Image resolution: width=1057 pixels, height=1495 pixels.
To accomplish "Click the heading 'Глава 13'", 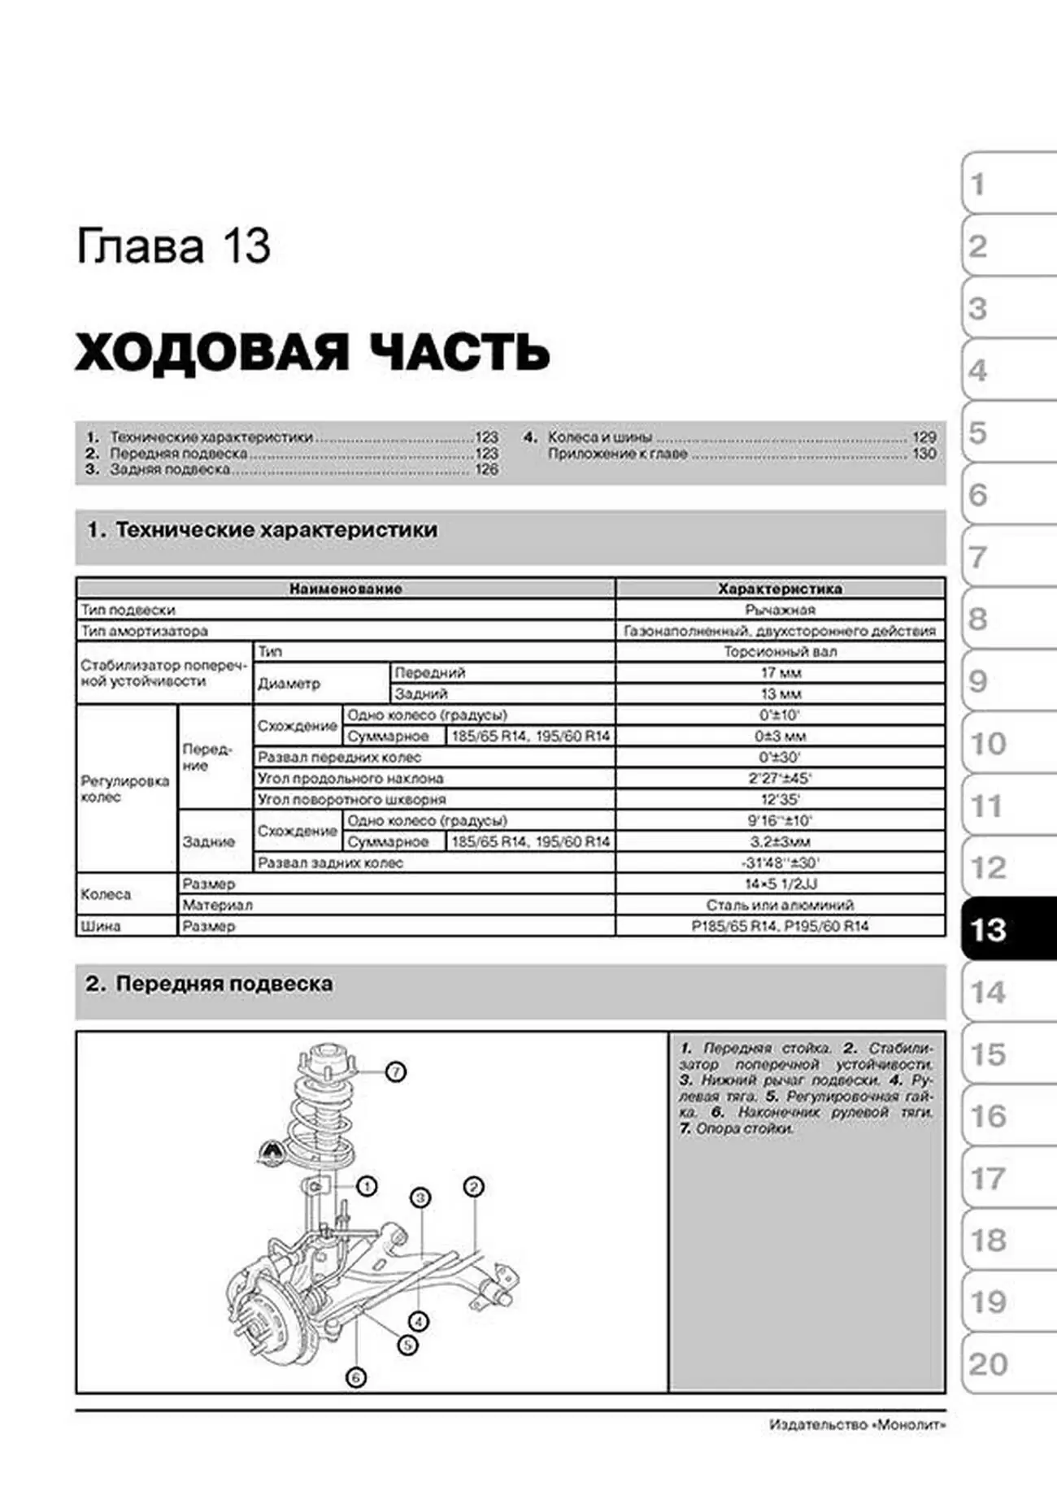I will point(173,246).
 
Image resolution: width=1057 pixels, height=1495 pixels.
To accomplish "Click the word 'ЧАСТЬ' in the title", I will point(459,353).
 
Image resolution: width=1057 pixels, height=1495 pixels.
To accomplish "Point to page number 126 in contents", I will point(486,470).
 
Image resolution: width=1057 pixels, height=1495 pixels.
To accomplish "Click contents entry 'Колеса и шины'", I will point(599,437).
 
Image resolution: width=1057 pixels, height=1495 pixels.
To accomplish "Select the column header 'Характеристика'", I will point(780,589).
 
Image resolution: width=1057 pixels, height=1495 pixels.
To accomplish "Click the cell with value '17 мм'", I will point(780,673).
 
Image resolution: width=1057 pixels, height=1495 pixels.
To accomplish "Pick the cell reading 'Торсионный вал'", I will point(780,652).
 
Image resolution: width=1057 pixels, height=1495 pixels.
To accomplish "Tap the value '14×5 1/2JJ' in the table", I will point(780,884).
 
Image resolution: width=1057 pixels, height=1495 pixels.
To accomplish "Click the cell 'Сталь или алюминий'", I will point(780,905).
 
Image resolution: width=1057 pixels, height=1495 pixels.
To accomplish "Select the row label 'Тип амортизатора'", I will point(144,631).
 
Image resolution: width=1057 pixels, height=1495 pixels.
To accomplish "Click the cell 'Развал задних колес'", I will point(330,863).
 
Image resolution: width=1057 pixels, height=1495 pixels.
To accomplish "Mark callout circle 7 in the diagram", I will point(395,1072).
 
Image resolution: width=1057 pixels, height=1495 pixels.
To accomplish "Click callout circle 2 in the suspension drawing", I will point(473,1187).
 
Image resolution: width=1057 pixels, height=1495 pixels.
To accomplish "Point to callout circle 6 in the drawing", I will point(355,1377).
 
